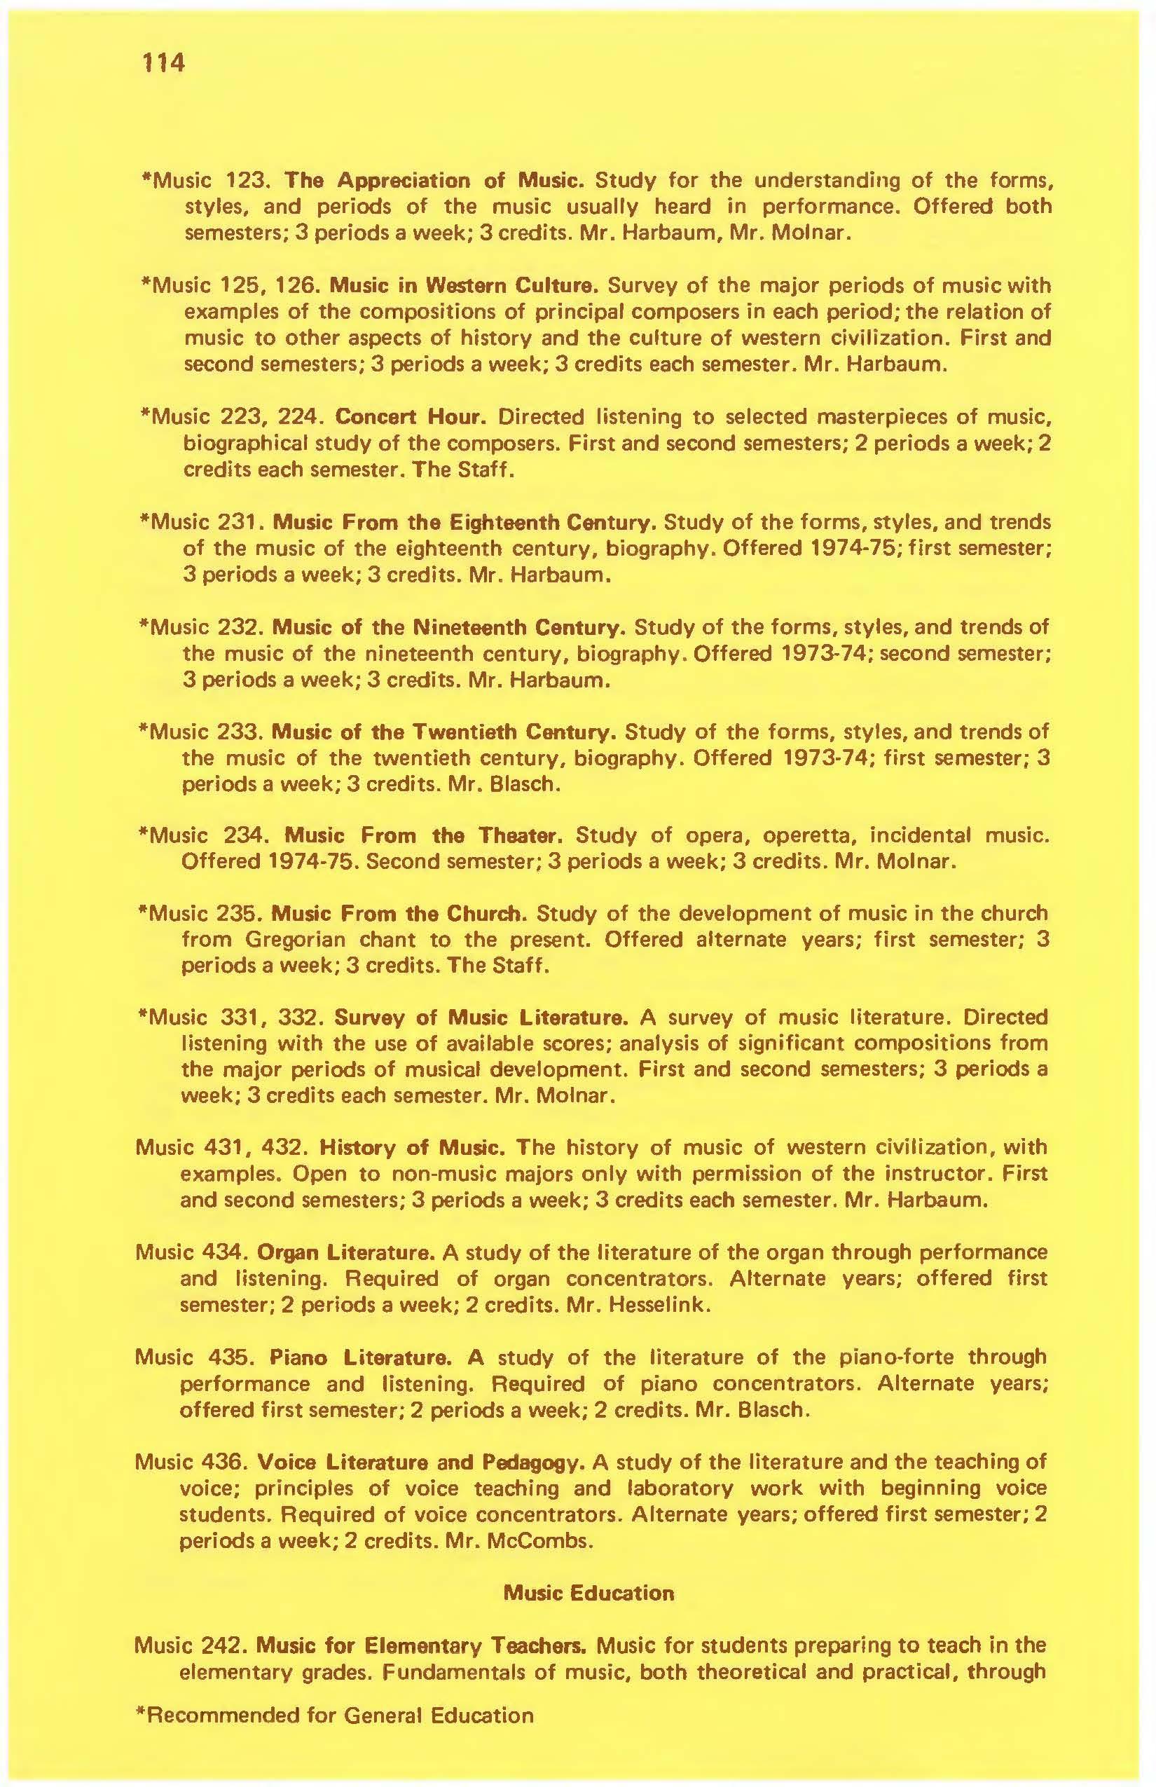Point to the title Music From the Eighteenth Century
click(465, 521)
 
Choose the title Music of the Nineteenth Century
click(448, 627)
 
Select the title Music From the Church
click(399, 914)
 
